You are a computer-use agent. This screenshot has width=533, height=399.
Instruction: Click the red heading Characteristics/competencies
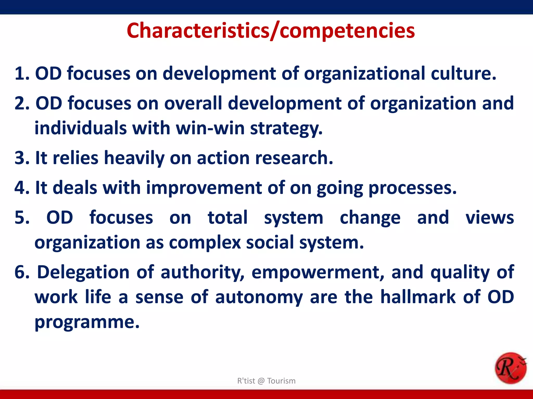pos(271,31)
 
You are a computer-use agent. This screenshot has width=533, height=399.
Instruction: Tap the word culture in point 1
pos(463,74)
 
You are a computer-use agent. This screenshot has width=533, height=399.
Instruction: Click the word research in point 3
pos(294,158)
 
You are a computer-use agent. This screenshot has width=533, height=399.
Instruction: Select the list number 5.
pos(22,218)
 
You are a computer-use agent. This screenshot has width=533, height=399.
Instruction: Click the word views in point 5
pos(490,218)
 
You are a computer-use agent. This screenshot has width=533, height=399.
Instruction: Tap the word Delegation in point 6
pos(83,272)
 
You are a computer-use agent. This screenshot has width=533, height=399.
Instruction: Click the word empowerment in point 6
pos(318,272)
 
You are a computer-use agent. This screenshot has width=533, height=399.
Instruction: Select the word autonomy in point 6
pos(259,297)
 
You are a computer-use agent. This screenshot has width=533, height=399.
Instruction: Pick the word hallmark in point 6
pos(418,297)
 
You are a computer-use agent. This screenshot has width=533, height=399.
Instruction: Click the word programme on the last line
pos(87,322)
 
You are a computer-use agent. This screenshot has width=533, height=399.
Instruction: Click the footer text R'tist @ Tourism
pos(266,381)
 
